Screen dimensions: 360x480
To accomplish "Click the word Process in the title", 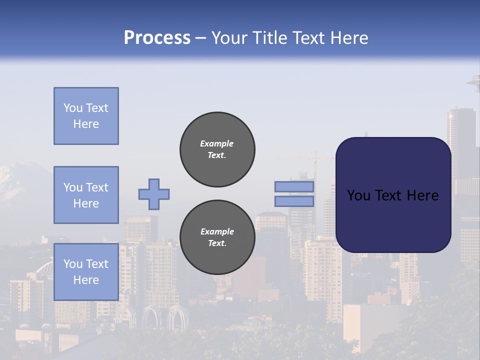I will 157,38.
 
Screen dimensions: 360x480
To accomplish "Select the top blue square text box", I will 86,116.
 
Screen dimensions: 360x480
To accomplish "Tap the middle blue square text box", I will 86,195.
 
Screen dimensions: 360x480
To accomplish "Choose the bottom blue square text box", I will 86,271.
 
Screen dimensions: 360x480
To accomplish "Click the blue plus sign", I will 154,194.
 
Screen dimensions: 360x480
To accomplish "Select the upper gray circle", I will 217,149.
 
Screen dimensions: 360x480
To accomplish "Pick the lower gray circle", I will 217,237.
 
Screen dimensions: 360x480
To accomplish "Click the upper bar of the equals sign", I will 294,186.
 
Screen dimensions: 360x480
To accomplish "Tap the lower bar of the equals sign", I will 294,201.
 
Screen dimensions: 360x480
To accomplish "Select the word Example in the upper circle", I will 216,143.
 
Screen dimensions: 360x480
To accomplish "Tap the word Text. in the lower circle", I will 217,243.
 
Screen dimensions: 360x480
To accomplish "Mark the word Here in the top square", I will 86,124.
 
